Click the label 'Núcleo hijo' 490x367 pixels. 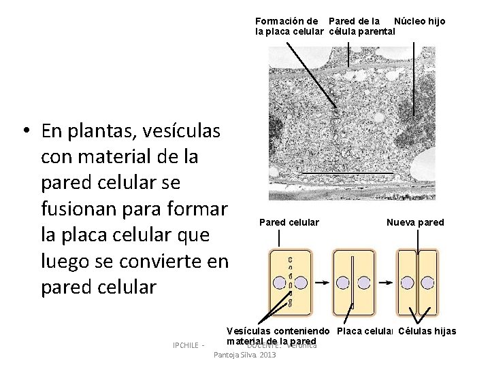[x=419, y=21]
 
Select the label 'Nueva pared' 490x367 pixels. [x=415, y=222]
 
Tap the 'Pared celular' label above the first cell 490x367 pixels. [x=289, y=222]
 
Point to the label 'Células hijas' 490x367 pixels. [x=427, y=332]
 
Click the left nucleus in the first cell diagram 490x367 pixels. [x=279, y=283]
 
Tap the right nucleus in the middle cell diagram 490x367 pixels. [x=364, y=283]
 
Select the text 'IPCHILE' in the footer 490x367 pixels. [x=186, y=345]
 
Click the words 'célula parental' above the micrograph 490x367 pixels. [x=362, y=31]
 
